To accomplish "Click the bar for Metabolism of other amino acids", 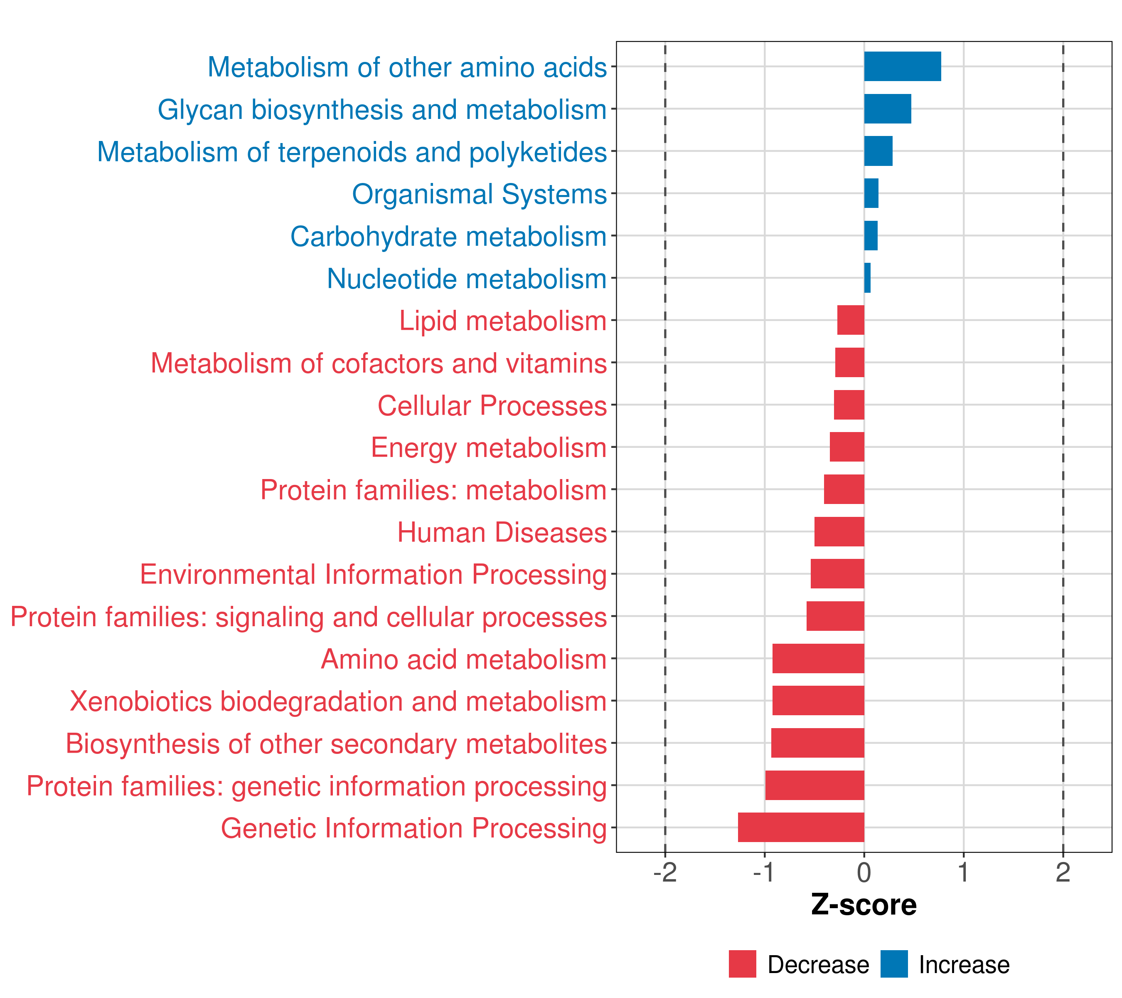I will coord(903,67).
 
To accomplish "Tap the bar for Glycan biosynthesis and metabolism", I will coord(888,109).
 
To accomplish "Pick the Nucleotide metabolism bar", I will coord(867,278).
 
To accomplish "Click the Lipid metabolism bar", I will coord(851,320).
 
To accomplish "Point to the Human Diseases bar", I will coord(839,532).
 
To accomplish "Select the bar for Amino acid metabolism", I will coord(819,659).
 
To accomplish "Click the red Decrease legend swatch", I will coord(742,964).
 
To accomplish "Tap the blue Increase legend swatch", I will coord(894,964).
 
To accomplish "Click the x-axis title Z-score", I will coord(864,904).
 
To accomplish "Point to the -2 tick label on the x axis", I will coord(665,873).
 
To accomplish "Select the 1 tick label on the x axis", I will coord(963,873).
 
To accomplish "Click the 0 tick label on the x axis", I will coord(864,873).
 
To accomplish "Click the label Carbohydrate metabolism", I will coord(448,237).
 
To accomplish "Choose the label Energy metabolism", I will coord(489,447).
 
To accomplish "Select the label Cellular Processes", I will coord(492,406).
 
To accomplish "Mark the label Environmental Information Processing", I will coord(373,575).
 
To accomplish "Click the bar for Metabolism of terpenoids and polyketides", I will coord(878,151).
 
